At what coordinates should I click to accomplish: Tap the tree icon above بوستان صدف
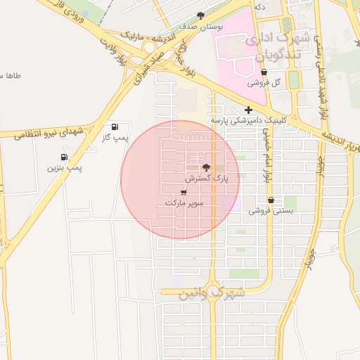pyautogui.click(x=201, y=15)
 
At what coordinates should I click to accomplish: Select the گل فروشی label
pyautogui.click(x=264, y=82)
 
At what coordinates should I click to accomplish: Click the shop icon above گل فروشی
pyautogui.click(x=264, y=72)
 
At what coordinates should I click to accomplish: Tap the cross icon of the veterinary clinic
pyautogui.click(x=247, y=110)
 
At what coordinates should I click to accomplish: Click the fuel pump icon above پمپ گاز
pyautogui.click(x=115, y=127)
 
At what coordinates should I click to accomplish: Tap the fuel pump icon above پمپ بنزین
pyautogui.click(x=65, y=157)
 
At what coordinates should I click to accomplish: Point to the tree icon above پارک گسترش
pyautogui.click(x=206, y=167)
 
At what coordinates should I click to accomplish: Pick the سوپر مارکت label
pyautogui.click(x=184, y=202)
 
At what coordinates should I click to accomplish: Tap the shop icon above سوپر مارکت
pyautogui.click(x=184, y=192)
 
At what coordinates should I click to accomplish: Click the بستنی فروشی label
pyautogui.click(x=270, y=210)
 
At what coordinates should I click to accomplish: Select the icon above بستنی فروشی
pyautogui.click(x=271, y=200)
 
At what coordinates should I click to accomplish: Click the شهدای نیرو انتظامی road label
pyautogui.click(x=52, y=133)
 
